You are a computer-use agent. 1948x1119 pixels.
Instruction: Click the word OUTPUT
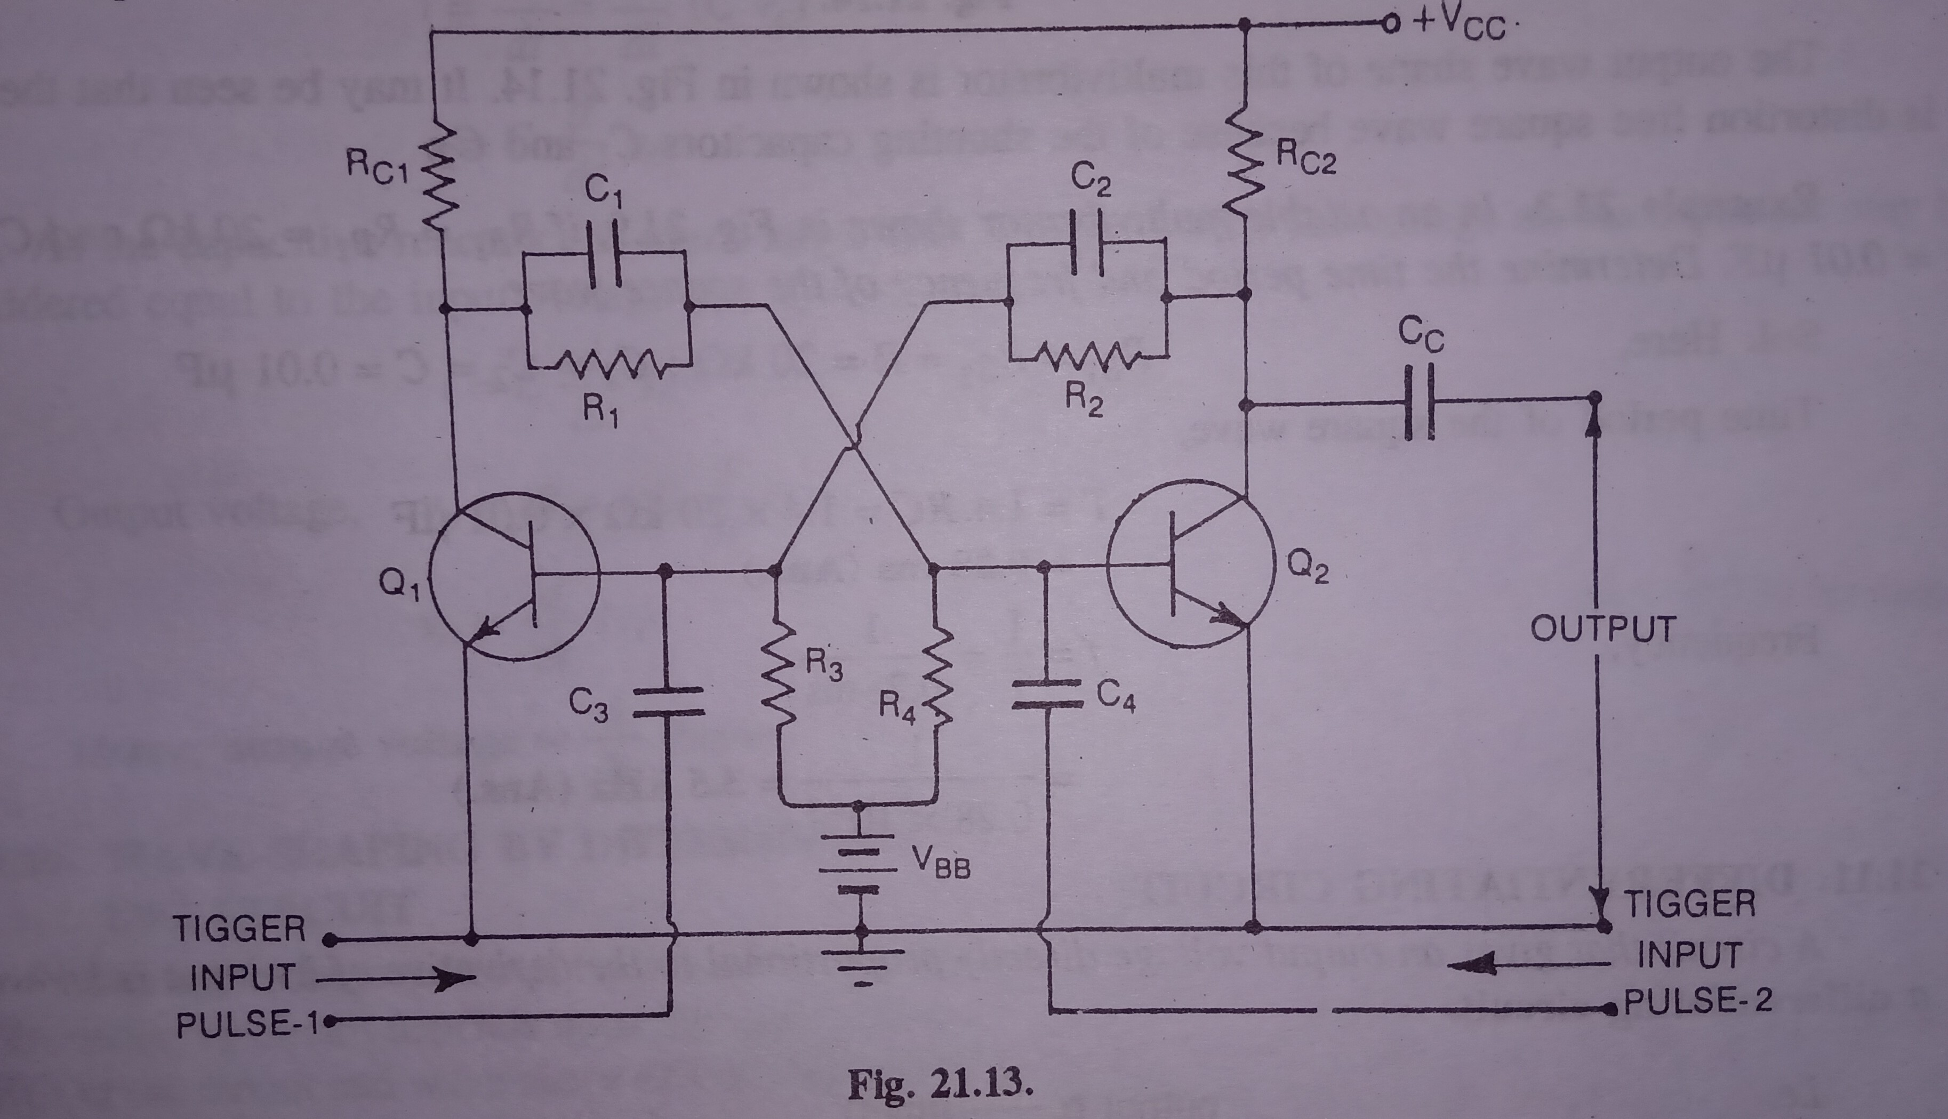pyautogui.click(x=1603, y=629)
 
